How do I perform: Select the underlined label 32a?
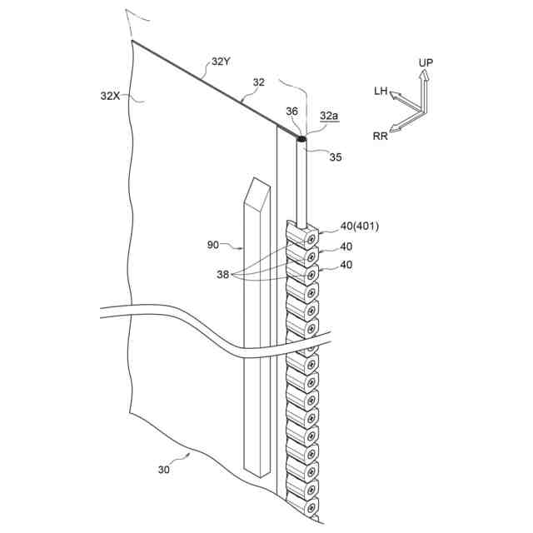tap(330, 117)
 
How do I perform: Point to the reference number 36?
tap(291, 111)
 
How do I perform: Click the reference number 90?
tap(213, 245)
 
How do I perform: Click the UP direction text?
tap(426, 63)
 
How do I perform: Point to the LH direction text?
tap(381, 90)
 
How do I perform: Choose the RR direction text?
tap(381, 137)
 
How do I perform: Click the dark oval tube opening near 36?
tap(301, 139)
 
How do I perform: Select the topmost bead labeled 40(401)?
tap(303, 234)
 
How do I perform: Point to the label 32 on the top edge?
tap(259, 82)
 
